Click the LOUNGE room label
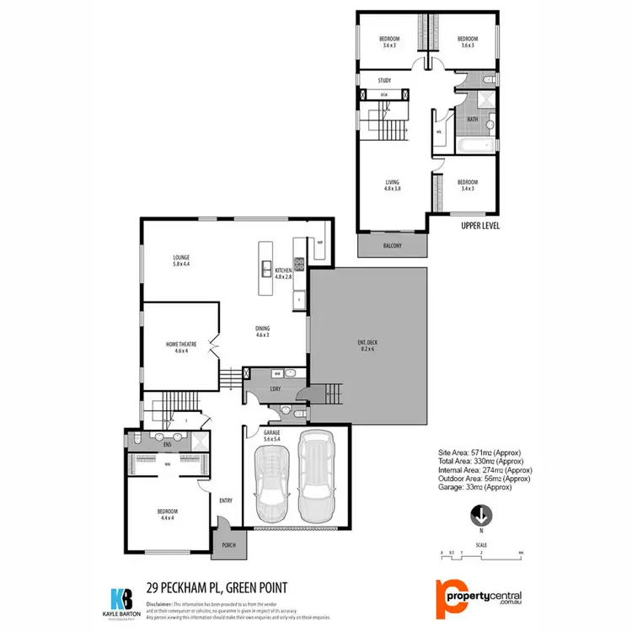(x=180, y=256)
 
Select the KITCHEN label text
(x=281, y=270)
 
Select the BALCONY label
(x=392, y=246)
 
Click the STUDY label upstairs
(x=384, y=81)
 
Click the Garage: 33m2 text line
(x=474, y=487)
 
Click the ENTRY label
(x=225, y=501)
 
